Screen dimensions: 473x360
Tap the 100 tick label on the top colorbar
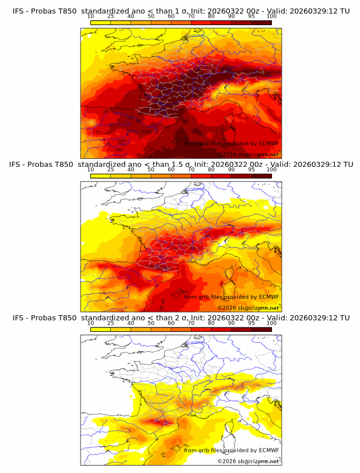pyautogui.click(x=271, y=16)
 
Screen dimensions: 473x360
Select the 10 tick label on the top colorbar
pyautogui.click(x=90, y=16)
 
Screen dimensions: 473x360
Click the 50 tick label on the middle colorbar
pyautogui.click(x=151, y=170)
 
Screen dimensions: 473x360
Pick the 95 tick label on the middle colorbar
pyautogui.click(x=251, y=170)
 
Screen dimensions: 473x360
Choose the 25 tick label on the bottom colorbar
pyautogui.click(x=110, y=323)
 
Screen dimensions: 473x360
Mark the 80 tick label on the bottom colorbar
pyautogui.click(x=211, y=323)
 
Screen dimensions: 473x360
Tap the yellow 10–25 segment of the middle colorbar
pyautogui.click(x=101, y=176)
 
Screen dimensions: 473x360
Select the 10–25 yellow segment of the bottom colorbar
pyautogui.click(x=101, y=330)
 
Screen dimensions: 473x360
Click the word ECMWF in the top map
pyautogui.click(x=269, y=143)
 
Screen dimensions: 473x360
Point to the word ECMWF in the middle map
pyautogui.click(x=269, y=296)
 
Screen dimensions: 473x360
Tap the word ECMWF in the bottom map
pyautogui.click(x=269, y=450)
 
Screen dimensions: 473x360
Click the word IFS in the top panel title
pyautogui.click(x=18, y=11)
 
